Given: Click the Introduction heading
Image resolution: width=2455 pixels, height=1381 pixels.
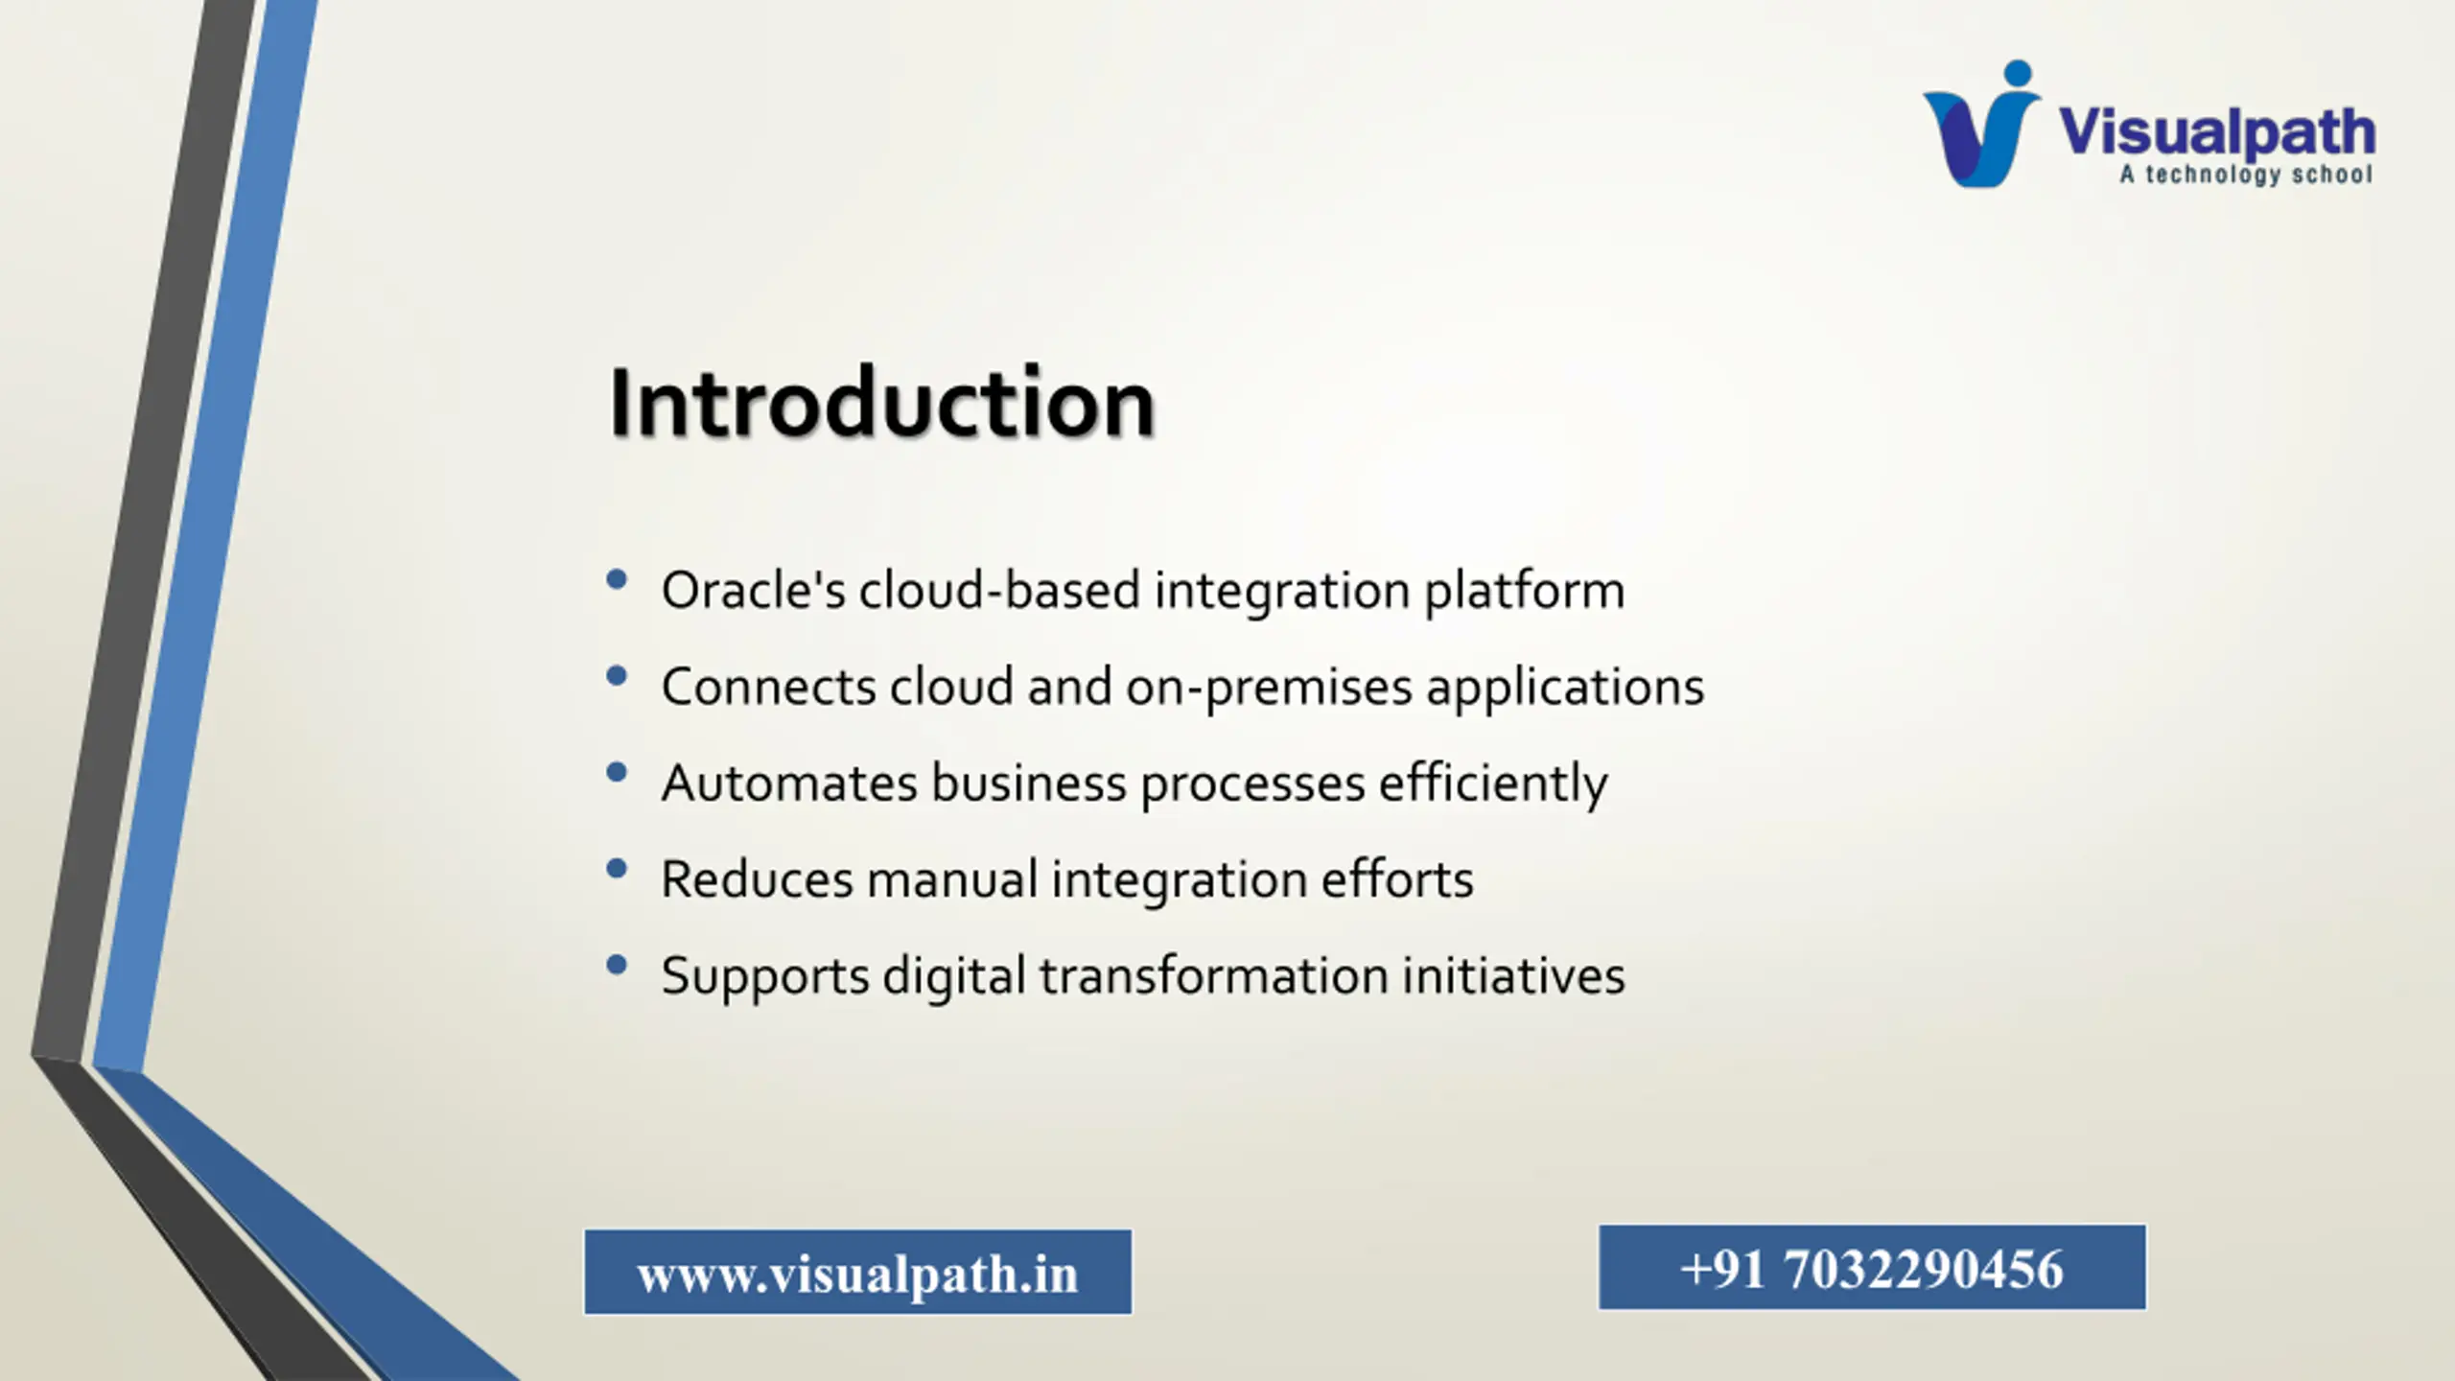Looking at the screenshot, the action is click(881, 403).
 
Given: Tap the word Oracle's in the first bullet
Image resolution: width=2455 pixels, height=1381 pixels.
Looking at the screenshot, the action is click(754, 590).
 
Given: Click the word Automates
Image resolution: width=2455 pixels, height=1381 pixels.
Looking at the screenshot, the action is click(789, 783).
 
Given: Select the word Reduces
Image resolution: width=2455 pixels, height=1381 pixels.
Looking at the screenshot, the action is click(757, 879).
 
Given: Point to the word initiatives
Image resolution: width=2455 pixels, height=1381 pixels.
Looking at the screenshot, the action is click(1513, 974).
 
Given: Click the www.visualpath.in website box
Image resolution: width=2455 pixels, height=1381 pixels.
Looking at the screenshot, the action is click(858, 1272).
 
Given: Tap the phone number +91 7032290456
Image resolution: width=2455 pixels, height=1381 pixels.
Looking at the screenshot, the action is click(1872, 1268).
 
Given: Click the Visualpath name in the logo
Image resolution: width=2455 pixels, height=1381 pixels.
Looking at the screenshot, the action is click(2216, 132).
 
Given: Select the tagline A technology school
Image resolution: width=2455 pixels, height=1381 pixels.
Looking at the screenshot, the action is click(2246, 175).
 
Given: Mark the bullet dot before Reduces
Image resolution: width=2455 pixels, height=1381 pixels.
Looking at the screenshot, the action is click(617, 868).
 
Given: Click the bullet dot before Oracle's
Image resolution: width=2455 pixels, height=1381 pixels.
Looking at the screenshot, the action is click(617, 578).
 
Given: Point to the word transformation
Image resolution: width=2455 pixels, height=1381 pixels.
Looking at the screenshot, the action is click(1214, 974).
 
